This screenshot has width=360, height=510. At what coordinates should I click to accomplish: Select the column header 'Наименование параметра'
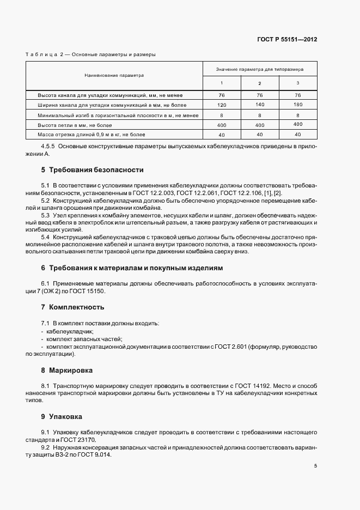(114, 75)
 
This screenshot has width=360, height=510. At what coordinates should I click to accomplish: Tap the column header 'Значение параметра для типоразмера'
(259, 70)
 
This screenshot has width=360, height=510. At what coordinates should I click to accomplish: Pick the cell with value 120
(222, 105)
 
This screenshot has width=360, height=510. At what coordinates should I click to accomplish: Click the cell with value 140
(259, 105)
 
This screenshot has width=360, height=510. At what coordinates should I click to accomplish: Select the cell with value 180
(297, 105)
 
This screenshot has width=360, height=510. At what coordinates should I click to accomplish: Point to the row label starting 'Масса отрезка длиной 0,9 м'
(88, 134)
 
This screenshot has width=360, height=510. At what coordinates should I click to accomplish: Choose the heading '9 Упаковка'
(62, 417)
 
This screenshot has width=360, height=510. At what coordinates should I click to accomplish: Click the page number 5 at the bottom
(315, 466)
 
